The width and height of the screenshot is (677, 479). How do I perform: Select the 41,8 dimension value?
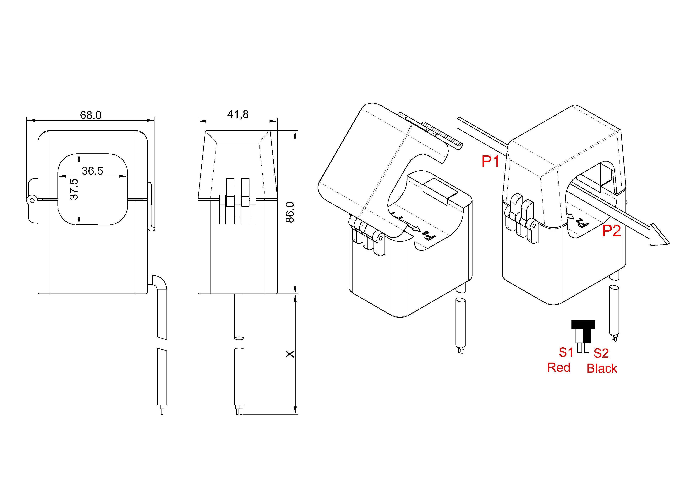pyautogui.click(x=238, y=114)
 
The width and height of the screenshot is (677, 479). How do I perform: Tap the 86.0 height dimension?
pyautogui.click(x=290, y=212)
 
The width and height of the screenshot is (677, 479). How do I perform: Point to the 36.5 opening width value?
pyautogui.click(x=93, y=171)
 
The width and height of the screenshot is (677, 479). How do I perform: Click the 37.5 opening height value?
pyautogui.click(x=74, y=189)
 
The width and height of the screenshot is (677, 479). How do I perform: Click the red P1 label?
pyautogui.click(x=490, y=162)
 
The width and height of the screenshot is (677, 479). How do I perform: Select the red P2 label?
pyautogui.click(x=612, y=231)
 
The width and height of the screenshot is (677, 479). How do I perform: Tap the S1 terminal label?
pyautogui.click(x=566, y=352)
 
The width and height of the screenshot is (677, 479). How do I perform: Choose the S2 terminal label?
pyautogui.click(x=601, y=353)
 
